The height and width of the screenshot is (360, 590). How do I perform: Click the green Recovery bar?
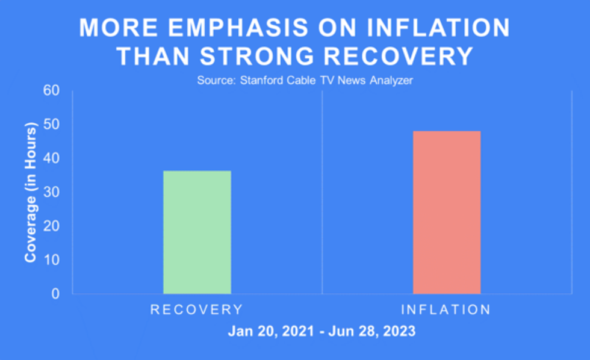pos(197,232)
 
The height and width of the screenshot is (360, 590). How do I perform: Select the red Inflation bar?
pos(447,213)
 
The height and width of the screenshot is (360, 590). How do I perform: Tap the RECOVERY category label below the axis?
pos(197,310)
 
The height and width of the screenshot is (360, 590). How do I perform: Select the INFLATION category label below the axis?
pos(446,310)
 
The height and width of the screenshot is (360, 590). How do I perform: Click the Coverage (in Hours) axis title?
pos(31,192)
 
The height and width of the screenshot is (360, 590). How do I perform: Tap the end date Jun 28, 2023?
pos(377,332)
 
